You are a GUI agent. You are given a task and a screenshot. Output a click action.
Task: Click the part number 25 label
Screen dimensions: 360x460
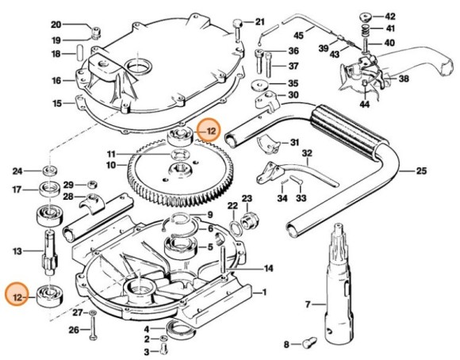point(421,169)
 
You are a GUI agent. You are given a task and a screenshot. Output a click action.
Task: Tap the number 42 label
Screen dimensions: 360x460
point(390,16)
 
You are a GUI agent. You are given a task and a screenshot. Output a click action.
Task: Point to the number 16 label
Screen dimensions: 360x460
point(56,80)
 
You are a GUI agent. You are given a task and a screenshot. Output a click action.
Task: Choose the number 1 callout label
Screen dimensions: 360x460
point(264,292)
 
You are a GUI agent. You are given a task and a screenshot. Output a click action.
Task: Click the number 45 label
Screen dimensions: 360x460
point(299,36)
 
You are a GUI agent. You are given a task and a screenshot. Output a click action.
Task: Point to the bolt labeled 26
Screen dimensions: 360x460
point(94,330)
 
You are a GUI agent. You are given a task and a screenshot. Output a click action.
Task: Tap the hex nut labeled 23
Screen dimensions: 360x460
point(246,216)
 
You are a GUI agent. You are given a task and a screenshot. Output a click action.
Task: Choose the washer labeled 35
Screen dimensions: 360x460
point(258,83)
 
